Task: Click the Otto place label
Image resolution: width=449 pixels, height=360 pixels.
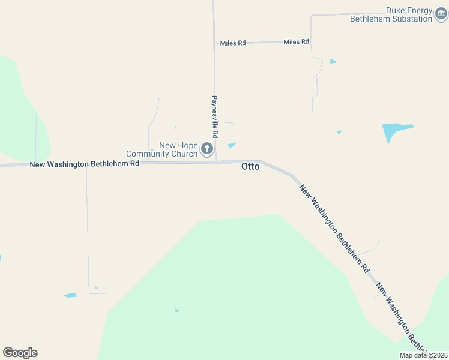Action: point(250,166)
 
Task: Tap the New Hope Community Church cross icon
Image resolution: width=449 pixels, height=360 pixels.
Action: point(207,148)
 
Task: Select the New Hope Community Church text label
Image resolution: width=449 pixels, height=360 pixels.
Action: point(162,149)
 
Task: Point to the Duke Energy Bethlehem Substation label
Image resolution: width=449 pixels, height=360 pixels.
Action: point(391,14)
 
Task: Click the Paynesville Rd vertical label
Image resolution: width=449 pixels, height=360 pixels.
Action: point(214,116)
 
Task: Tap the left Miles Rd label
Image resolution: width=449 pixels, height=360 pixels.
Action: point(233,43)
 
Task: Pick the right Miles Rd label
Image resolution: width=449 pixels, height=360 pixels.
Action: point(296,42)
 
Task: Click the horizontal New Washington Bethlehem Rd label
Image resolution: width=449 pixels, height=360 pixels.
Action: point(85,164)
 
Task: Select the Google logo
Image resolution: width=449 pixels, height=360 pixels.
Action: point(20,353)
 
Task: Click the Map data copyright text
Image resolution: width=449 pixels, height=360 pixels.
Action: point(423,355)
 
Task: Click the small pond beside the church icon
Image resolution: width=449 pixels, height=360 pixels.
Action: point(232,145)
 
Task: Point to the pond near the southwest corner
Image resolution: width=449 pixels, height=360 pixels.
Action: point(70,295)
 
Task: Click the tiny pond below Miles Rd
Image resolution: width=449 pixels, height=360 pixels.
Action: point(333,61)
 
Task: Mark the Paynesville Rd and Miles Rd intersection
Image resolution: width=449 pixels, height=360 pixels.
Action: point(215,43)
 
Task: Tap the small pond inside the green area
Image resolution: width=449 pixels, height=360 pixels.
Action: point(176,310)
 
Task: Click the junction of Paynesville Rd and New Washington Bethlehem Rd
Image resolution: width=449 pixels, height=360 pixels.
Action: point(215,162)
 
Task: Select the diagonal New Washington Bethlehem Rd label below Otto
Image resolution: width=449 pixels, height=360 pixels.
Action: point(334,229)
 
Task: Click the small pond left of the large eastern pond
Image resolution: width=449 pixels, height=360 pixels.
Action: point(339,132)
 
